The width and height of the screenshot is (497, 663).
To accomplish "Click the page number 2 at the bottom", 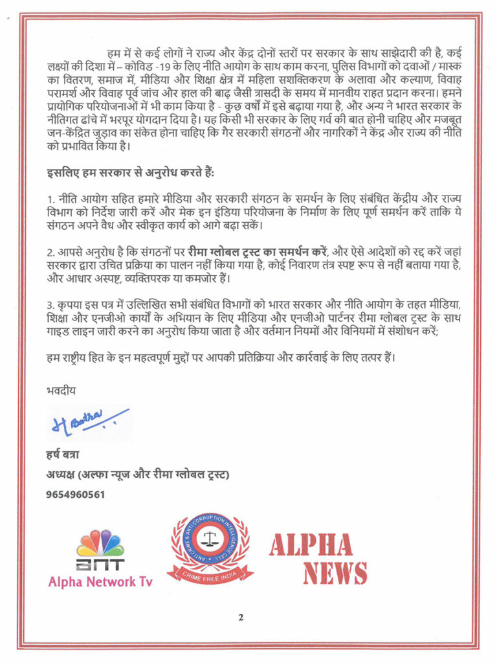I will [x=240, y=617].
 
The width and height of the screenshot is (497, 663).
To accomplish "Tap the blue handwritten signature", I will [x=87, y=421].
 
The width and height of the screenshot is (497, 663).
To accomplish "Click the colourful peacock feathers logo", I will [x=100, y=543].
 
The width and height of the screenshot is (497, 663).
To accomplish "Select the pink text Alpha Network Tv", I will [x=100, y=581].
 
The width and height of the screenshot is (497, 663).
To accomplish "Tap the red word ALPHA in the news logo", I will [x=311, y=545].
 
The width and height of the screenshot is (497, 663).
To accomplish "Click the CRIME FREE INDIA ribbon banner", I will [x=210, y=571].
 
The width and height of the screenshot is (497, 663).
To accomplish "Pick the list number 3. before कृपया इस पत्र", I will [x=51, y=304].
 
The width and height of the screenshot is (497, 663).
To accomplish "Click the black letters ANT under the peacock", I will [x=100, y=563].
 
